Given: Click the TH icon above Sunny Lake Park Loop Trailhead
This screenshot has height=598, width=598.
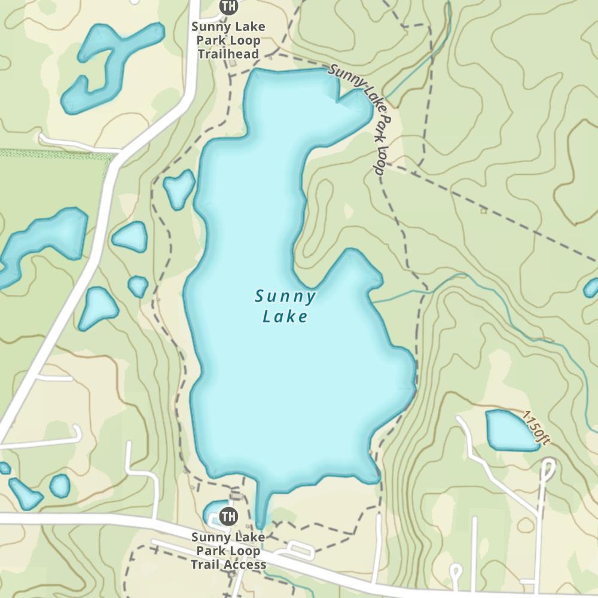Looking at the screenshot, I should pos(228,7).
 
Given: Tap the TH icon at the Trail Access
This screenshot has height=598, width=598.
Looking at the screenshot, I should pos(228,515).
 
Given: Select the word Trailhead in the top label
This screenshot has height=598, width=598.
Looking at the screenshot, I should pos(228,54).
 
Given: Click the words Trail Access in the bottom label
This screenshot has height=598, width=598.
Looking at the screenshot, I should pos(228,565).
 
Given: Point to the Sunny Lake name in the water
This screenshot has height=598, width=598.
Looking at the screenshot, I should pos(285,306).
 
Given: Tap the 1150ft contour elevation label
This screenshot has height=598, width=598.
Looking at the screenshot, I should pos(535,428).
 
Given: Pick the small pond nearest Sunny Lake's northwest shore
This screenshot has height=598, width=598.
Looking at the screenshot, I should pos(179,189).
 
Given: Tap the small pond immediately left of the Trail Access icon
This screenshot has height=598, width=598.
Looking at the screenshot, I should pos(212,512).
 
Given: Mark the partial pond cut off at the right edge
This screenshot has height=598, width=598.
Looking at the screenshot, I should pos(591,288).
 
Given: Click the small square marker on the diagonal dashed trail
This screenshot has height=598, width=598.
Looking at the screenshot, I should pos(483,210).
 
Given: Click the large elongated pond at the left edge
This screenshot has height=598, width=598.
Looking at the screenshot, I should pos(42,242).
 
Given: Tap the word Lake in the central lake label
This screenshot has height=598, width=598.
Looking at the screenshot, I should pos(285,316).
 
